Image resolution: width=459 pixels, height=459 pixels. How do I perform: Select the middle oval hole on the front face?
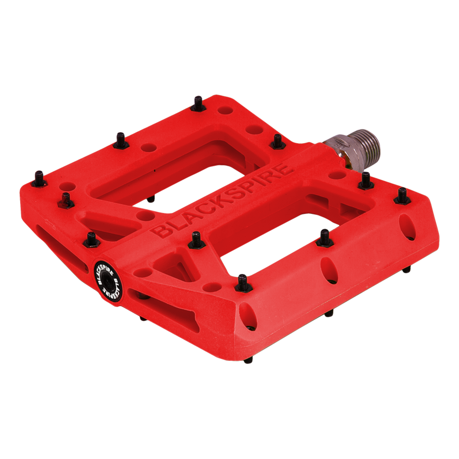tap(329, 267)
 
